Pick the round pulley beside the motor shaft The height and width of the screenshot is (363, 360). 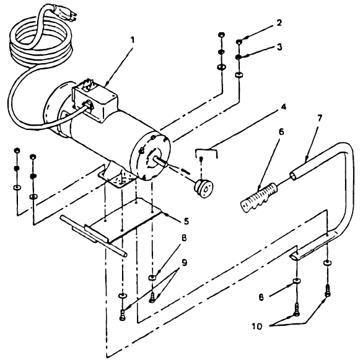[x=202, y=184]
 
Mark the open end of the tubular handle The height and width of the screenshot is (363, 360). [x=290, y=172]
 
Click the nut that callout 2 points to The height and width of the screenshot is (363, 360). [x=239, y=43]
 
